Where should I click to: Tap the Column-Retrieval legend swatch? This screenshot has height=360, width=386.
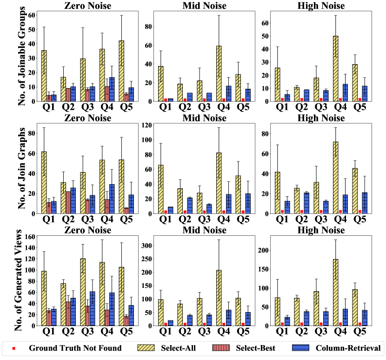pos(300,347)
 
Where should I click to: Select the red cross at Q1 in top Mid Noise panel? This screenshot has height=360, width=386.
pos(166,100)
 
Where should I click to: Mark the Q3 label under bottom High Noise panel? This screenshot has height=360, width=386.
pos(322,333)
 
